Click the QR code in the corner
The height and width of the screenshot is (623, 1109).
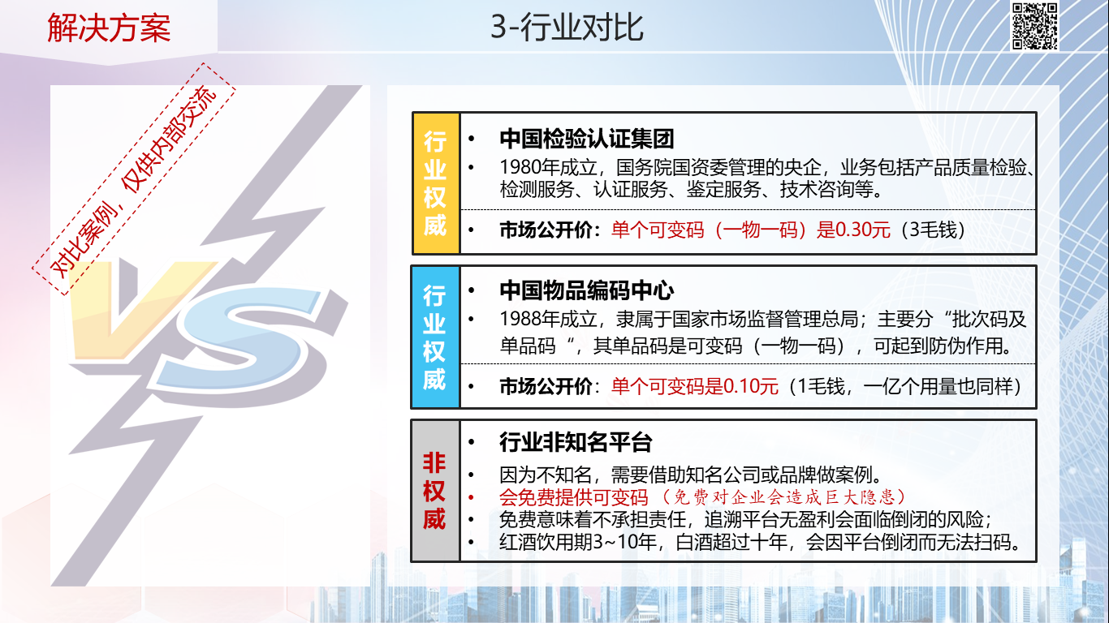pos(1034,26)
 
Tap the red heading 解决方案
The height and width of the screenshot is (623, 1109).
pos(109,28)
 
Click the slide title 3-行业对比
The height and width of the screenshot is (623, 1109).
pos(567,28)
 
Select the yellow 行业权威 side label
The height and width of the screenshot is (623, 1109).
pos(436,183)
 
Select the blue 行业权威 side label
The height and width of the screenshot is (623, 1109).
pos(434,337)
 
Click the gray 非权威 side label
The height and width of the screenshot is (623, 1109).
pos(434,491)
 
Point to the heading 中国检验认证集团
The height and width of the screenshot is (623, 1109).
pos(587,139)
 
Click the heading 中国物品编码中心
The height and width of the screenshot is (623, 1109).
pos(587,290)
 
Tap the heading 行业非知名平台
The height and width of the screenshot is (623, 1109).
pos(576,442)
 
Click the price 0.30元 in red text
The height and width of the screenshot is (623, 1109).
pos(863,230)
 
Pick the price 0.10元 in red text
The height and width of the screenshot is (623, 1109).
pos(750,386)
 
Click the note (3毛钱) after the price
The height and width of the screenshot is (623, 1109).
pos(932,230)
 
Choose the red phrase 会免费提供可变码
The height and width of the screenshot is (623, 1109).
pos(574,496)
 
